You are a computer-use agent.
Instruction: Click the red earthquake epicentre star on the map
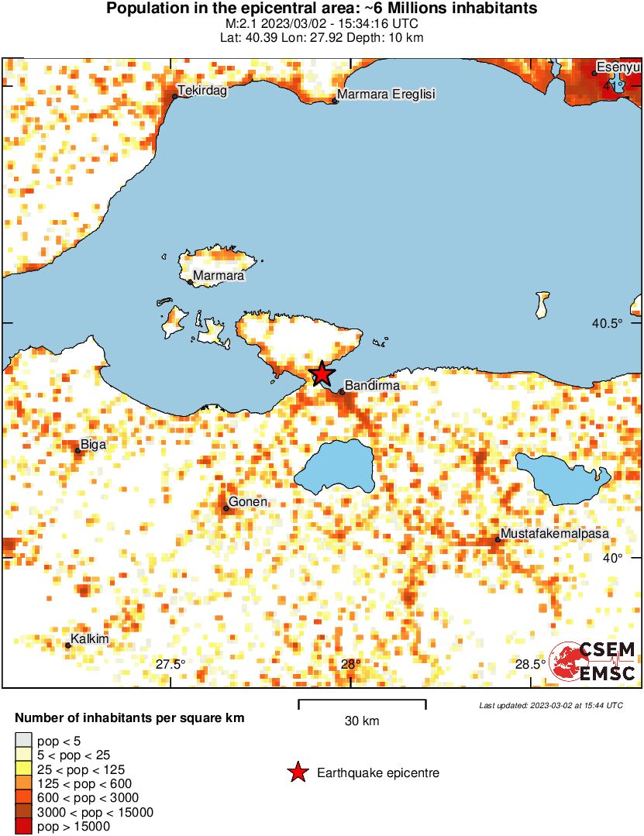(x=322, y=374)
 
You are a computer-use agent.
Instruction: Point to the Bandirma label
(x=371, y=385)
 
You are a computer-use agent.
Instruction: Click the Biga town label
(x=93, y=445)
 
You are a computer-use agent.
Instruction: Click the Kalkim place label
(x=89, y=640)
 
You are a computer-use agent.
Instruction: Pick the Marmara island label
(x=219, y=276)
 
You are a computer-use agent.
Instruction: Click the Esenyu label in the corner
(x=618, y=67)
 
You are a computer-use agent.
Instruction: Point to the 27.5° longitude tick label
(x=170, y=664)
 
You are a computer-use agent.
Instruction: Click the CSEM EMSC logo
(x=593, y=662)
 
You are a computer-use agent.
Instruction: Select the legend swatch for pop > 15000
(x=24, y=827)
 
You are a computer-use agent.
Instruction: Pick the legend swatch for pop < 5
(x=24, y=741)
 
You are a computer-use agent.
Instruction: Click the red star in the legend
(x=296, y=772)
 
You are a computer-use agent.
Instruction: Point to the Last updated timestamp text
(x=550, y=706)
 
